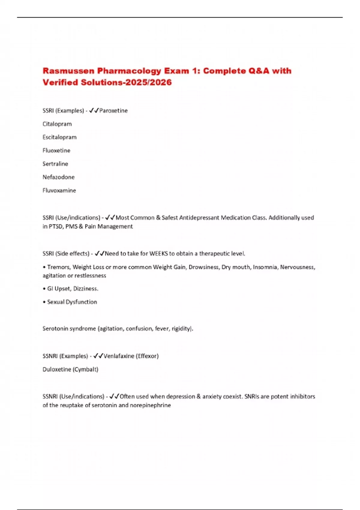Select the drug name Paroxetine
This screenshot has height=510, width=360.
[113, 111]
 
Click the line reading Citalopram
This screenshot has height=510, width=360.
[57, 124]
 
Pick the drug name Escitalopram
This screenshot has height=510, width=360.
[59, 137]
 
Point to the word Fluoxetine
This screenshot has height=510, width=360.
[56, 150]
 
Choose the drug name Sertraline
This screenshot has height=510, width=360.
[55, 164]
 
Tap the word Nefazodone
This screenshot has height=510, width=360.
[58, 177]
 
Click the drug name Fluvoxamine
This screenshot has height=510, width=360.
[59, 190]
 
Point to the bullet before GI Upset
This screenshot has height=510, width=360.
[44, 289]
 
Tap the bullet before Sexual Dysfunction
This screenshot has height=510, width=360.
[44, 302]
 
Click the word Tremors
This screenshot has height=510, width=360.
[58, 267]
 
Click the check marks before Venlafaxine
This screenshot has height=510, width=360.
[98, 356]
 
